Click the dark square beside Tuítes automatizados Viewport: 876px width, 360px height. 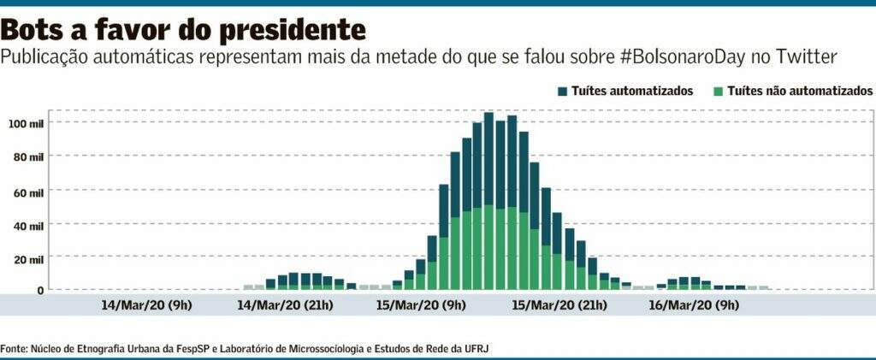(x=563, y=91)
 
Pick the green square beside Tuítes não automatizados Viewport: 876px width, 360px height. (x=719, y=91)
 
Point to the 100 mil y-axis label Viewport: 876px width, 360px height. (x=27, y=123)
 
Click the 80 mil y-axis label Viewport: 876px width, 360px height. (x=29, y=156)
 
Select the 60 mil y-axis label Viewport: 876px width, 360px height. (x=29, y=190)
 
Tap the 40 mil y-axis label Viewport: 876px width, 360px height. (x=29, y=224)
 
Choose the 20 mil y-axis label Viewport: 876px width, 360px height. (x=29, y=258)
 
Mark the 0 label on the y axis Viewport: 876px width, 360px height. (x=39, y=291)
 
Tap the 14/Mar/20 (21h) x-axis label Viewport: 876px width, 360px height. (x=285, y=304)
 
